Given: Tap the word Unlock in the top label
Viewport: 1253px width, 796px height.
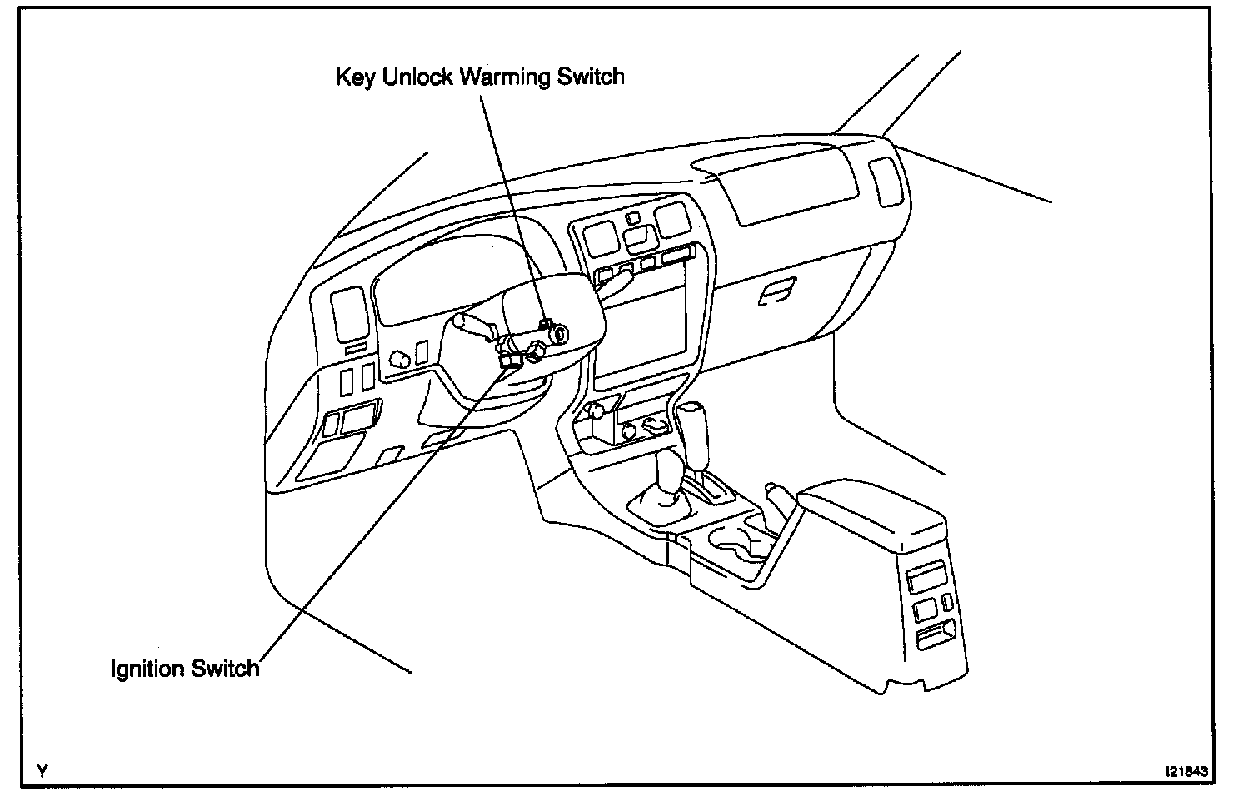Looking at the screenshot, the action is (x=417, y=77).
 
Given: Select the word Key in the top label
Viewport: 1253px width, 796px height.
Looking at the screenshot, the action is (x=355, y=77).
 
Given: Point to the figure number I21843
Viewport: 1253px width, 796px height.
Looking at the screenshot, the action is (x=1186, y=771).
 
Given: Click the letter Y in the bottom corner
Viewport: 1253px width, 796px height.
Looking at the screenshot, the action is (x=42, y=771).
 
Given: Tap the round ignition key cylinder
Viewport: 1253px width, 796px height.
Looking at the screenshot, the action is (x=559, y=335).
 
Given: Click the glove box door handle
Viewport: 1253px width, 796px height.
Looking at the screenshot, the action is (x=777, y=291).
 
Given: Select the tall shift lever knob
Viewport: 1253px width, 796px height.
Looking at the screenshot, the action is (x=691, y=431).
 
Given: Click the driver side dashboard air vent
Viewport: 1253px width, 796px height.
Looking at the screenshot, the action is (x=349, y=314).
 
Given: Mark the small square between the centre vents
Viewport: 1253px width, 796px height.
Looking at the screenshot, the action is (x=633, y=218).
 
